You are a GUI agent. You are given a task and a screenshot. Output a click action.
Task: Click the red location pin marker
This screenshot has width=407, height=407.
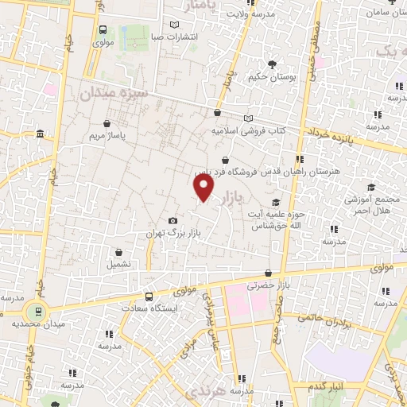[x=204, y=188]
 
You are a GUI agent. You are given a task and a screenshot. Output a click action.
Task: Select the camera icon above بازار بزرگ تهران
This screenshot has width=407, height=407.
[x=172, y=220]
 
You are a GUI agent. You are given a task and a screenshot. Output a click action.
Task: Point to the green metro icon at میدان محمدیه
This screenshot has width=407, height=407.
[x=34, y=310]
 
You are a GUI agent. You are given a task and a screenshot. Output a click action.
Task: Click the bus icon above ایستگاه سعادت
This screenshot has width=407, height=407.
[x=149, y=296]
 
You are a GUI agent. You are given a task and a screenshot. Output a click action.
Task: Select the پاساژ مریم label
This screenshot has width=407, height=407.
[x=107, y=135]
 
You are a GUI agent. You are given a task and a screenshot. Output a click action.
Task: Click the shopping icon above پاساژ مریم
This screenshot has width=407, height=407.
[x=107, y=123]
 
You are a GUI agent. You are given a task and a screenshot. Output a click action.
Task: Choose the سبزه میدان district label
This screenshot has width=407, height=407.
[x=114, y=94]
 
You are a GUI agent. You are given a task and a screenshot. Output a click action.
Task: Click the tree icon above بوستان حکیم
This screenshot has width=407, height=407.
[x=273, y=64]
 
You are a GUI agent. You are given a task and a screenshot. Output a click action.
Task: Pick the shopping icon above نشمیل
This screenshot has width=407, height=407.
[x=119, y=250]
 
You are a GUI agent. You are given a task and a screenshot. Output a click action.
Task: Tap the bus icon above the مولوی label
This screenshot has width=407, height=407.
[x=103, y=29]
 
